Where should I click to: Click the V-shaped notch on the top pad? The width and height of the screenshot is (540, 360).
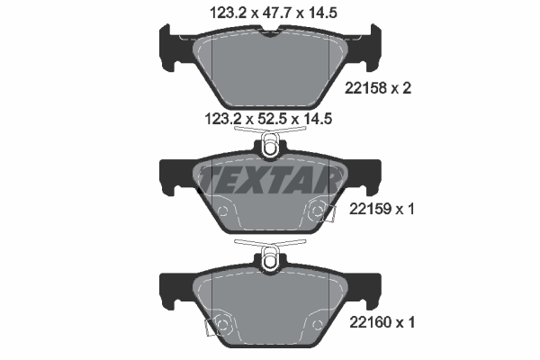270,35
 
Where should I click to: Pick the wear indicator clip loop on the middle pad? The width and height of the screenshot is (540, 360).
270,144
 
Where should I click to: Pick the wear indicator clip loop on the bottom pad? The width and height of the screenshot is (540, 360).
270,258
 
